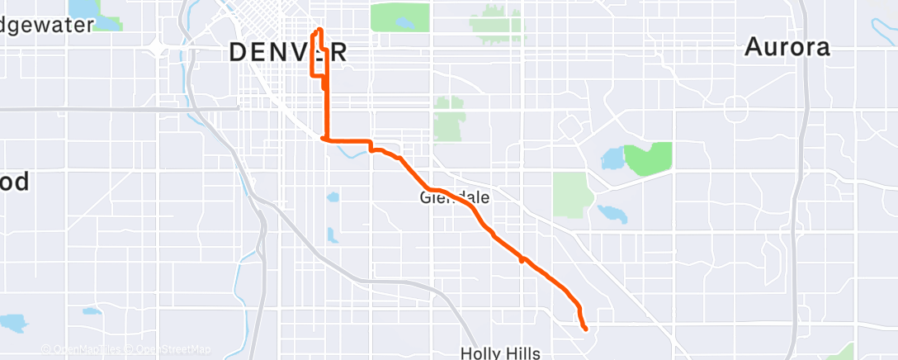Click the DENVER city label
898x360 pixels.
pyautogui.click(x=287, y=53)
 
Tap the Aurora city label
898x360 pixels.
pyautogui.click(x=787, y=47)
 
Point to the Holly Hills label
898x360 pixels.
pyautogui.click(x=500, y=353)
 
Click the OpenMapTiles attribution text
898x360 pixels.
pyautogui.click(x=88, y=349)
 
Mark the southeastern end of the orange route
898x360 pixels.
pyautogui.click(x=585, y=329)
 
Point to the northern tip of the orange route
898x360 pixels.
pyautogui.click(x=318, y=31)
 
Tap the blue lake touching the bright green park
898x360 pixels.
pyautogui.click(x=612, y=158)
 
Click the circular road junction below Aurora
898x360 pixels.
pyautogui.click(x=735, y=107)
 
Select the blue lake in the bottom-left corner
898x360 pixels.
pyautogui.click(x=13, y=322)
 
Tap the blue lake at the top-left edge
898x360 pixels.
pyautogui.click(x=83, y=8)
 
